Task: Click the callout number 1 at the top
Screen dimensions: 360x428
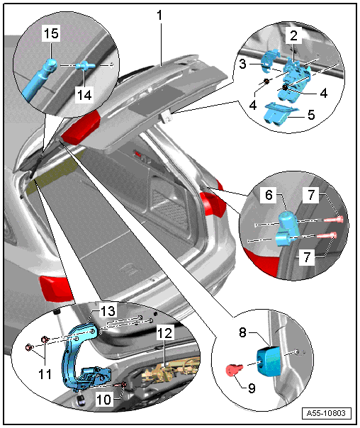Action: click(159, 16)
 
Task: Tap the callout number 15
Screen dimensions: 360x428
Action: click(51, 33)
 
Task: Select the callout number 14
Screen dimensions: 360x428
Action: click(84, 95)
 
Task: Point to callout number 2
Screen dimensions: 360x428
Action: click(293, 35)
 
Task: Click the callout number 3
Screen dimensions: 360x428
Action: click(242, 64)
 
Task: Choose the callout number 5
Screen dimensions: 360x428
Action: click(311, 115)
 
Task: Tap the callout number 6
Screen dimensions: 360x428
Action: click(269, 195)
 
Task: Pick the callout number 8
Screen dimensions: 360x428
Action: click(242, 332)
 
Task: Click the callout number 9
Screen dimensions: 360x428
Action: click(252, 388)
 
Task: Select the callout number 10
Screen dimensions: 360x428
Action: click(103, 400)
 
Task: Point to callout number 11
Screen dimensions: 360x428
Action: click(45, 374)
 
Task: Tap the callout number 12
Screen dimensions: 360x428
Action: click(165, 333)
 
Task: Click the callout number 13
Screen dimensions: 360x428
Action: click(108, 311)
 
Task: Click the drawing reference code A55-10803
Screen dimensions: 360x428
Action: click(326, 413)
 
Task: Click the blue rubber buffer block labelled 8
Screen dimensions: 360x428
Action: click(269, 361)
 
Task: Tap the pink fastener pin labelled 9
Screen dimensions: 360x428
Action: click(234, 370)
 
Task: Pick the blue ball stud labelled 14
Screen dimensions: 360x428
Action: click(85, 66)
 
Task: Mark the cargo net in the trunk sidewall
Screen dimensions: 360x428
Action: click(170, 210)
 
